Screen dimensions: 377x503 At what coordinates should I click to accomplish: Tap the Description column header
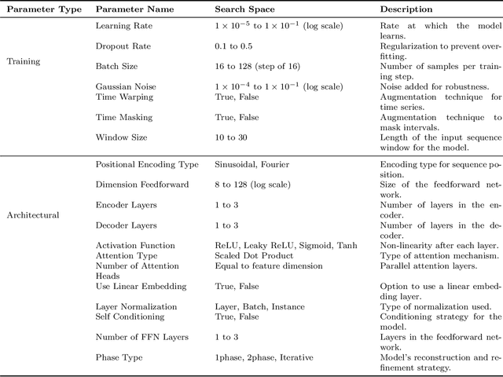pos(406,9)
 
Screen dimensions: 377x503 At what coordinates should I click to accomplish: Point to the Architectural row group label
pos(33,214)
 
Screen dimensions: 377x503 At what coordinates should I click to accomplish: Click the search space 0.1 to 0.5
pos(236,46)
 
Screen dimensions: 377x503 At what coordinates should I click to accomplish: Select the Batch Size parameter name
pos(116,67)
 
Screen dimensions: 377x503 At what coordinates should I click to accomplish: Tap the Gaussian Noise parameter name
pos(124,86)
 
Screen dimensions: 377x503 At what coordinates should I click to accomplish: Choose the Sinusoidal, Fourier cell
pos(251,165)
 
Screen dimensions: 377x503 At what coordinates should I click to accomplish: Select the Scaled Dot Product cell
pos(254,255)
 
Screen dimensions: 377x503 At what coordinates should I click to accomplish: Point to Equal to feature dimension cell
pos(263,265)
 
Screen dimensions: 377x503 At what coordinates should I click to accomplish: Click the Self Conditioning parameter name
pos(130,317)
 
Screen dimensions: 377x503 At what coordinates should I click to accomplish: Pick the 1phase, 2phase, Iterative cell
pos(264,357)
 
